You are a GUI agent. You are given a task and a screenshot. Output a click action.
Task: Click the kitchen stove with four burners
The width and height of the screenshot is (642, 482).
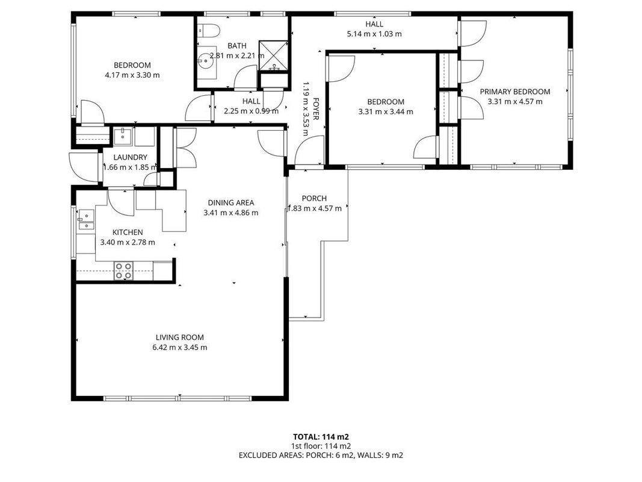(x=123, y=271)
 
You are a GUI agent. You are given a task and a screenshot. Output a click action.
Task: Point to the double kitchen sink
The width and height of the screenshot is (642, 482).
(x=86, y=220)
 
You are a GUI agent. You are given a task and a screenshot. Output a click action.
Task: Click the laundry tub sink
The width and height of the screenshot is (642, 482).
(x=122, y=137)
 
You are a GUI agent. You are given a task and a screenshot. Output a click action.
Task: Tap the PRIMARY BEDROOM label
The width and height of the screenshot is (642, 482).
(x=514, y=92)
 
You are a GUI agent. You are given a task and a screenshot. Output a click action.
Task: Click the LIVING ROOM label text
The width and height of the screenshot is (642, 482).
(x=180, y=337)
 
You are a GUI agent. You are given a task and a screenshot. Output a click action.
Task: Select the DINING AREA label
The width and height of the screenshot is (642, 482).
(x=231, y=202)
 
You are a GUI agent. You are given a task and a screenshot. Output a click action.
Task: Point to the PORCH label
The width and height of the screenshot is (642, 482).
(x=314, y=198)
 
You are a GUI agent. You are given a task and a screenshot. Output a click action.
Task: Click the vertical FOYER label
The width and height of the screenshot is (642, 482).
(x=316, y=109)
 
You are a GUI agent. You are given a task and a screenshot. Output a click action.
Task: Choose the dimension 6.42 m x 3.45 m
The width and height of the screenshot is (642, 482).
(x=180, y=348)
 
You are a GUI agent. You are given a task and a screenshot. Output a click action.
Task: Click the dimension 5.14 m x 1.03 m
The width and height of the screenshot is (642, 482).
(x=374, y=34)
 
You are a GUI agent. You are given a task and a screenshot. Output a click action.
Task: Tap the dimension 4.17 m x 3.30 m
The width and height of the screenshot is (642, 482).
(x=132, y=75)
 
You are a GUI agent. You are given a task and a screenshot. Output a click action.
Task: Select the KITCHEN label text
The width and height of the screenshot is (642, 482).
(x=128, y=233)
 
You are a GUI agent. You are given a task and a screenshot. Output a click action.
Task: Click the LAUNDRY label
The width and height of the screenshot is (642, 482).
(x=130, y=157)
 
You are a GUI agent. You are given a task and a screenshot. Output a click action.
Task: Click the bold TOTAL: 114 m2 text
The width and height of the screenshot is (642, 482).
(x=321, y=437)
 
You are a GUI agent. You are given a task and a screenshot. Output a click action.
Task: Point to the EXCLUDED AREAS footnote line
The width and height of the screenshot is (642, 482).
(x=321, y=455)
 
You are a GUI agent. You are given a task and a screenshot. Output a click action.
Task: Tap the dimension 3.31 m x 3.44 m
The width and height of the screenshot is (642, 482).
(x=386, y=111)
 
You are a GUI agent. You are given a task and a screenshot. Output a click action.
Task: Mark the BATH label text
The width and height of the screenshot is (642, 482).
(x=237, y=46)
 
